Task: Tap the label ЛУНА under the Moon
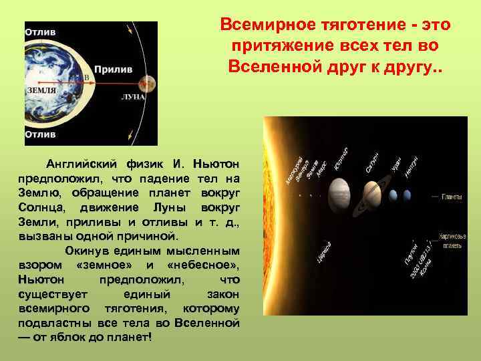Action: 133,98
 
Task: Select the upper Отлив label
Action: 41,31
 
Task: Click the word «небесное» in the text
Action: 200,265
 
